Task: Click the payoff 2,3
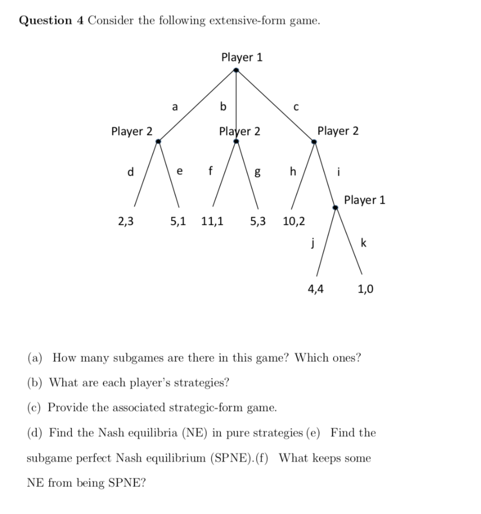[126, 221]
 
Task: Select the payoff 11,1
[213, 221]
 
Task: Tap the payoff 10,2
[294, 221]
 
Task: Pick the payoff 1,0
[365, 289]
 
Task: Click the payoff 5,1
[178, 221]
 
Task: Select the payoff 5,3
[258, 221]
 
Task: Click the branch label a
[175, 106]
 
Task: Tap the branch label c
[296, 107]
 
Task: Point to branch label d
[131, 172]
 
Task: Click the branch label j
[312, 244]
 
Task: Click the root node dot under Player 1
[236, 70]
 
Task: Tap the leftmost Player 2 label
[132, 132]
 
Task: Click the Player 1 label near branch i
[365, 200]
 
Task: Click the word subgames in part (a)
[137, 358]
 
